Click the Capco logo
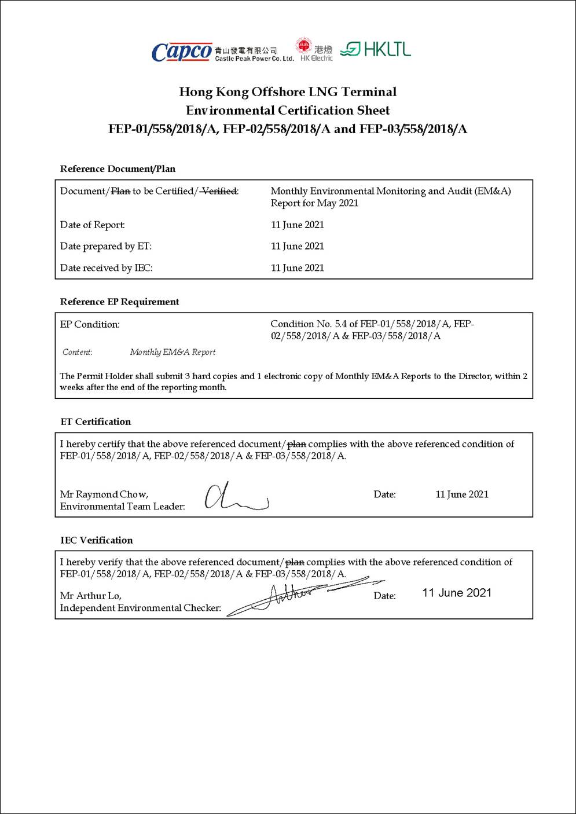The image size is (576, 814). [x=182, y=52]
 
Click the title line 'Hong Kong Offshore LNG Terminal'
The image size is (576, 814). [x=288, y=91]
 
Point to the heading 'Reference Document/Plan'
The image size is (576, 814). [x=118, y=169]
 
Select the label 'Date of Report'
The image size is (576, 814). [x=93, y=225]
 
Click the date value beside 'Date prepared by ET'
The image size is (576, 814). [x=298, y=246]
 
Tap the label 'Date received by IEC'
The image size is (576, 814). [x=107, y=268]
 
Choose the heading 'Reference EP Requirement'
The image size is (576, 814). [x=119, y=302]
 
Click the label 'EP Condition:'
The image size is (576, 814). [x=90, y=324]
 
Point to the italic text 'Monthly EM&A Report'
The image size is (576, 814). [x=173, y=352]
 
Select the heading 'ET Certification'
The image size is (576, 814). [x=96, y=421]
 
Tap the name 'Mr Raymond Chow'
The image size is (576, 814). [x=104, y=494]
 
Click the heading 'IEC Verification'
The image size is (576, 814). [x=97, y=540]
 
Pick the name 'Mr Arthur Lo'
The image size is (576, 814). [x=91, y=596]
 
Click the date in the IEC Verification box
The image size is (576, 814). [x=457, y=593]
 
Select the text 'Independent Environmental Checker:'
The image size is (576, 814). [x=141, y=608]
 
